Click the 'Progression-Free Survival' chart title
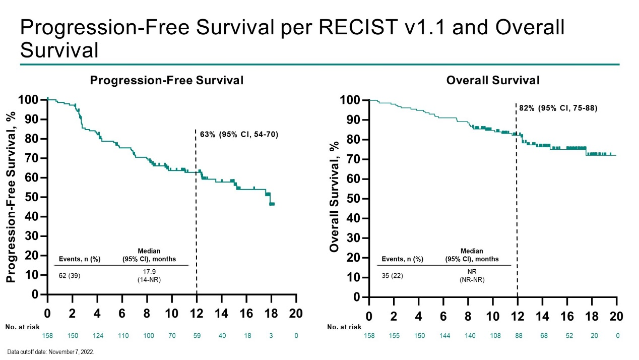166,80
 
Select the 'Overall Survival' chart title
493,80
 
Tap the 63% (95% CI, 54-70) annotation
239,135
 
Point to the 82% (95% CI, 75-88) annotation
558,108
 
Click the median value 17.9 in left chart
149,271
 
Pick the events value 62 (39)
70,275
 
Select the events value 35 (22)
393,276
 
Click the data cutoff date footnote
51,352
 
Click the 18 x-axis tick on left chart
271,313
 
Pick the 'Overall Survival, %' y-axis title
334,197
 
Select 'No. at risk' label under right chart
345,327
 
